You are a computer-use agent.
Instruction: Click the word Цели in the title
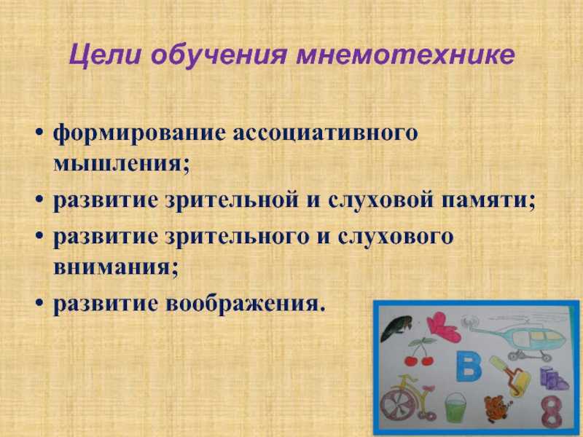point(105,55)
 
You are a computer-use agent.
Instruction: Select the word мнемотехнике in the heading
point(405,55)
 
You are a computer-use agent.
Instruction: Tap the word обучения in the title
point(219,56)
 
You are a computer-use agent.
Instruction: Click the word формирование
point(139,133)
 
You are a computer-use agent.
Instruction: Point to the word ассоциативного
point(325,133)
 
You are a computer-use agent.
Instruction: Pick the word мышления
point(121,163)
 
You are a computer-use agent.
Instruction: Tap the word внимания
point(116,267)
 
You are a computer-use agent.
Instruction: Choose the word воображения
point(246,304)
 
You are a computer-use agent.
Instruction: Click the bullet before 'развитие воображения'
point(40,304)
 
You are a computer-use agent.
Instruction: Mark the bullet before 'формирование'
point(40,133)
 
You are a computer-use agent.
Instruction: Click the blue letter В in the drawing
point(469,366)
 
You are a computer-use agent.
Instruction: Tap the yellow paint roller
point(509,374)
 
